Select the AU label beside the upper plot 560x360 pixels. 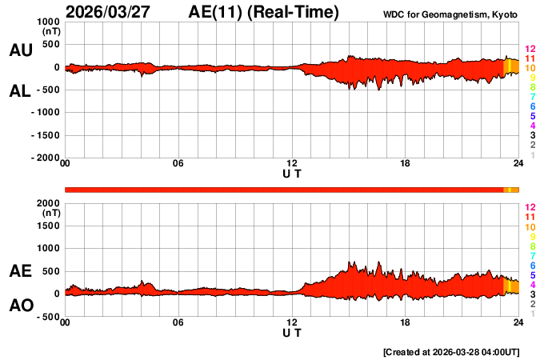pos(21,50)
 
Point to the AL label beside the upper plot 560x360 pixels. pos(21,91)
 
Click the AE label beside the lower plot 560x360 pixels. pos(21,271)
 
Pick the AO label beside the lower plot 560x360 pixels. pos(21,306)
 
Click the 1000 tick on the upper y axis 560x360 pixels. pos(47,22)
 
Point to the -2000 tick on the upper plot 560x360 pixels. pos(45,158)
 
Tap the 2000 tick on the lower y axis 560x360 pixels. pos(47,203)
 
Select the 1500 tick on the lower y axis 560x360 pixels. pos(47,226)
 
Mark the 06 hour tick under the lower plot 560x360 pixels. pos(178,322)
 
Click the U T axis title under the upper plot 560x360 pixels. pos(292,173)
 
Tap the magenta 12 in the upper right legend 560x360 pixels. pos(530,50)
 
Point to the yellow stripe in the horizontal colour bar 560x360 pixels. pos(510,190)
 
